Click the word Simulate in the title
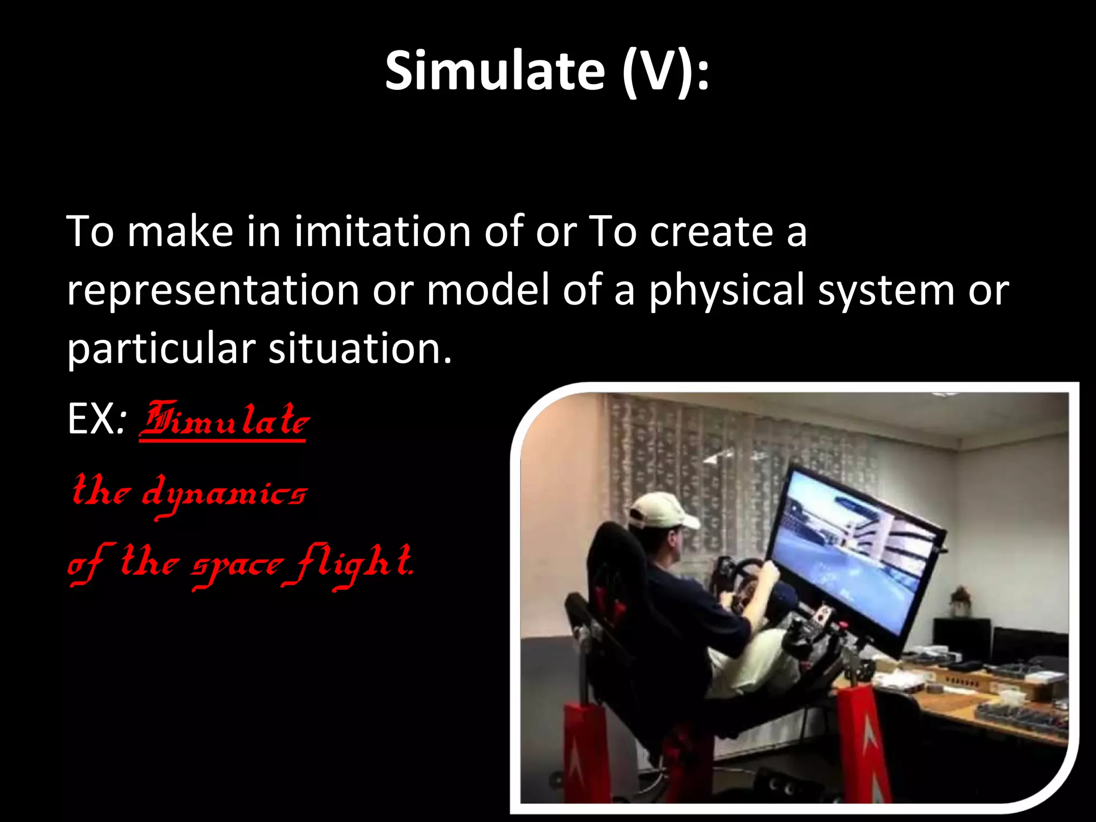495,71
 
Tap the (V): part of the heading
665,71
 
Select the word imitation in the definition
383,232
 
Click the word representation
213,291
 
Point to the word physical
727,291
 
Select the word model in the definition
488,291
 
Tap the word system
886,291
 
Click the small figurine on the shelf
961,601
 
